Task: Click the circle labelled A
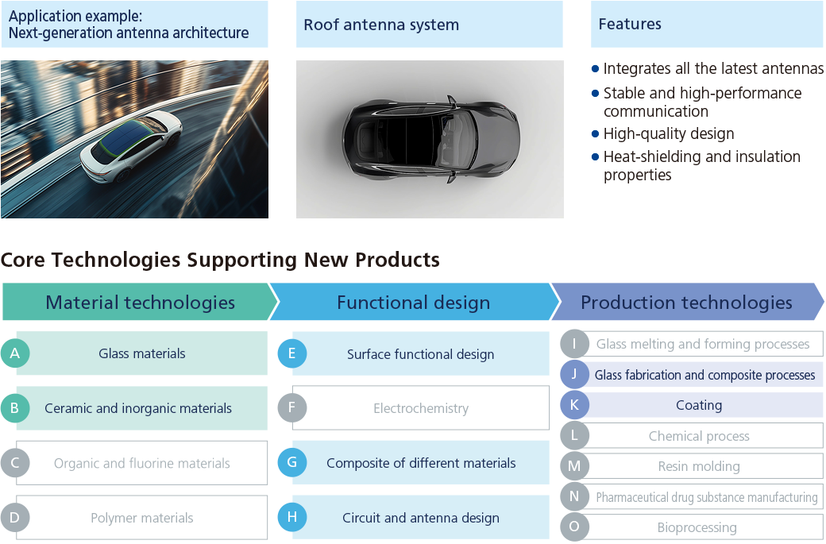tap(14, 353)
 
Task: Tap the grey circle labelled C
tap(14, 463)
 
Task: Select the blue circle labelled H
tap(291, 518)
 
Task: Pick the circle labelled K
tap(574, 405)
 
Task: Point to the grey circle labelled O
tap(574, 527)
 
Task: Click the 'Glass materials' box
tap(142, 353)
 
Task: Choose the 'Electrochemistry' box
tap(421, 408)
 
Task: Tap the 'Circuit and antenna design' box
tap(421, 518)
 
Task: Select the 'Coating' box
tap(699, 405)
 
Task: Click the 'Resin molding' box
tap(699, 466)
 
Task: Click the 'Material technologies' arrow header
tap(140, 303)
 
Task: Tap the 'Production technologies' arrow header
tap(686, 303)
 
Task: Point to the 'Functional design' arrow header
tap(413, 303)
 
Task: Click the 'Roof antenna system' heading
tap(381, 25)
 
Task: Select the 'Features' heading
tap(630, 25)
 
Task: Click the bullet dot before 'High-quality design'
tap(596, 133)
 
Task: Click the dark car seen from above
tap(430, 139)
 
